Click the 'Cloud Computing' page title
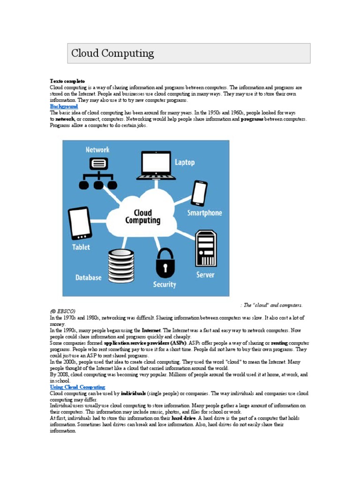(x=112, y=53)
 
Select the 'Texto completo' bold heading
(x=67, y=81)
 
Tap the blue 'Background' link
(x=64, y=107)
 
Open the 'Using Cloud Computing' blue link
(x=77, y=387)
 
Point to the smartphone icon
(x=199, y=192)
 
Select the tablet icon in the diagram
(x=81, y=224)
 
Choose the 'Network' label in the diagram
(x=97, y=150)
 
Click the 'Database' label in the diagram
(x=88, y=277)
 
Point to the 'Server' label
(x=205, y=275)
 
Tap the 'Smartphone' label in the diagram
(x=205, y=213)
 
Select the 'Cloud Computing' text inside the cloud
(x=142, y=217)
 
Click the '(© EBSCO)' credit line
(x=62, y=311)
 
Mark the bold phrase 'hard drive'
(x=184, y=418)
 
